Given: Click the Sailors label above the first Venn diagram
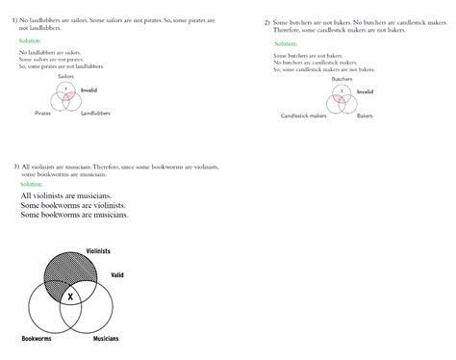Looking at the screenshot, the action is pos(66,75).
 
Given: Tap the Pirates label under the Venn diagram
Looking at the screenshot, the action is pos(43,113).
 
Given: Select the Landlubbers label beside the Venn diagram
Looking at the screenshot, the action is pos(95,113).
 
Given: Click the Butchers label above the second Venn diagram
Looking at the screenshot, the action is pos(342,79).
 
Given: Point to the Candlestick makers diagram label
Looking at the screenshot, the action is pos(302,116).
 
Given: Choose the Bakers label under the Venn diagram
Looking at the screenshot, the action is pos(365,116).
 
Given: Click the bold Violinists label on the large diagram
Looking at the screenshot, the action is pos(98,250).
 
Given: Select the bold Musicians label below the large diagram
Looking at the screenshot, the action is pos(106,340).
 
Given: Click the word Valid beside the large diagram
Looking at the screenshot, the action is pos(117,275).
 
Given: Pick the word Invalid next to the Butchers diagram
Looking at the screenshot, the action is pos(365,91).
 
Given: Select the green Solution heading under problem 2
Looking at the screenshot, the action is pos(286,44).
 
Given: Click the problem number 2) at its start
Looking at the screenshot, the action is pos(266,22).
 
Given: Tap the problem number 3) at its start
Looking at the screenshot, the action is pos(16,167).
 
